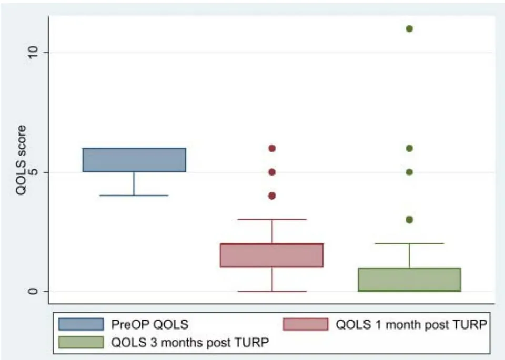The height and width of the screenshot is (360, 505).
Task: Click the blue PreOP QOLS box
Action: tap(134, 160)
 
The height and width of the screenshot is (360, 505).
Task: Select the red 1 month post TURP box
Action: tap(271, 255)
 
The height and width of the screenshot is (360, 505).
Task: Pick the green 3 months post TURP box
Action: tap(409, 280)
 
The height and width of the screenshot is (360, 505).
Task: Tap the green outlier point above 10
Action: tap(409, 29)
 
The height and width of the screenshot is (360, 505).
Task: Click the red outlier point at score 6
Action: tap(272, 148)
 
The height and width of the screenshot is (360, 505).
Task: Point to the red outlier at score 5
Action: tap(272, 172)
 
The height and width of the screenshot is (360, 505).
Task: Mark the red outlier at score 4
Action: tap(272, 196)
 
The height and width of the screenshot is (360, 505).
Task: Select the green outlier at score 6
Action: tap(409, 148)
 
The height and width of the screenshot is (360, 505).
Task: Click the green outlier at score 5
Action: tap(409, 172)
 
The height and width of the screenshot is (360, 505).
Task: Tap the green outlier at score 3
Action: tap(409, 220)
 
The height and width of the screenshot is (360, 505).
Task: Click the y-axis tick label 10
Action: tap(33, 52)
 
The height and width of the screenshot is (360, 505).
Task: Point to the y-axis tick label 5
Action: tap(33, 172)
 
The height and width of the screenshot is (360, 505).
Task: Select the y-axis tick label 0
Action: tap(33, 291)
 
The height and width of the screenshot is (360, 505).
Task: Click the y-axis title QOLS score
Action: tap(21, 160)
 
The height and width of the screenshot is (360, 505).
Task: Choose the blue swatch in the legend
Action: tap(81, 324)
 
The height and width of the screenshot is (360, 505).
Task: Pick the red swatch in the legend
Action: tap(306, 324)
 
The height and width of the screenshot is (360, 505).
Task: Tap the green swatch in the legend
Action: tap(81, 342)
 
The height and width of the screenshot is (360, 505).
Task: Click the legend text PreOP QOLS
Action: tap(150, 324)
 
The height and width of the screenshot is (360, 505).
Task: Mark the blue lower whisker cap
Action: tap(134, 196)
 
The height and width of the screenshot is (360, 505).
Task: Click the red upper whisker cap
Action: tap(272, 219)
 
